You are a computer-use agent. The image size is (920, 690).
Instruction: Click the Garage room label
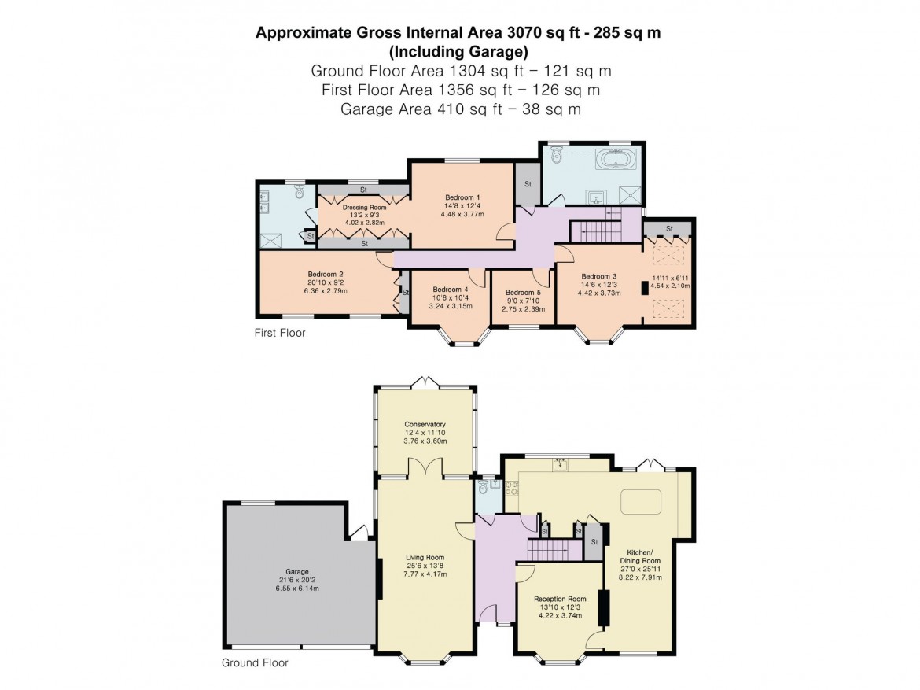click(297, 572)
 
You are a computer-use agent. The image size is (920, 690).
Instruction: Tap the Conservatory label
click(425, 424)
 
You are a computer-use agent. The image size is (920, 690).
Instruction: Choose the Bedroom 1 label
click(462, 197)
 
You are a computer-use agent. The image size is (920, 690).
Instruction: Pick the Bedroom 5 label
click(523, 292)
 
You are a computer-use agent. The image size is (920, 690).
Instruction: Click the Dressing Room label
click(364, 208)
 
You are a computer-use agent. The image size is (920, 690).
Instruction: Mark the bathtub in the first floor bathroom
click(612, 161)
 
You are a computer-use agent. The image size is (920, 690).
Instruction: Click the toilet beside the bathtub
click(557, 157)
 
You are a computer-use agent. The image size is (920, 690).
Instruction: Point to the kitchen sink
click(560, 465)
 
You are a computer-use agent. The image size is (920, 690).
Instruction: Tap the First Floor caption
click(279, 333)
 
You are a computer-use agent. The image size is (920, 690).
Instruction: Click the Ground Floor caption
click(255, 662)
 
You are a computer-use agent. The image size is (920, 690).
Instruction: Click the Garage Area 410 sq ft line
click(460, 109)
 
